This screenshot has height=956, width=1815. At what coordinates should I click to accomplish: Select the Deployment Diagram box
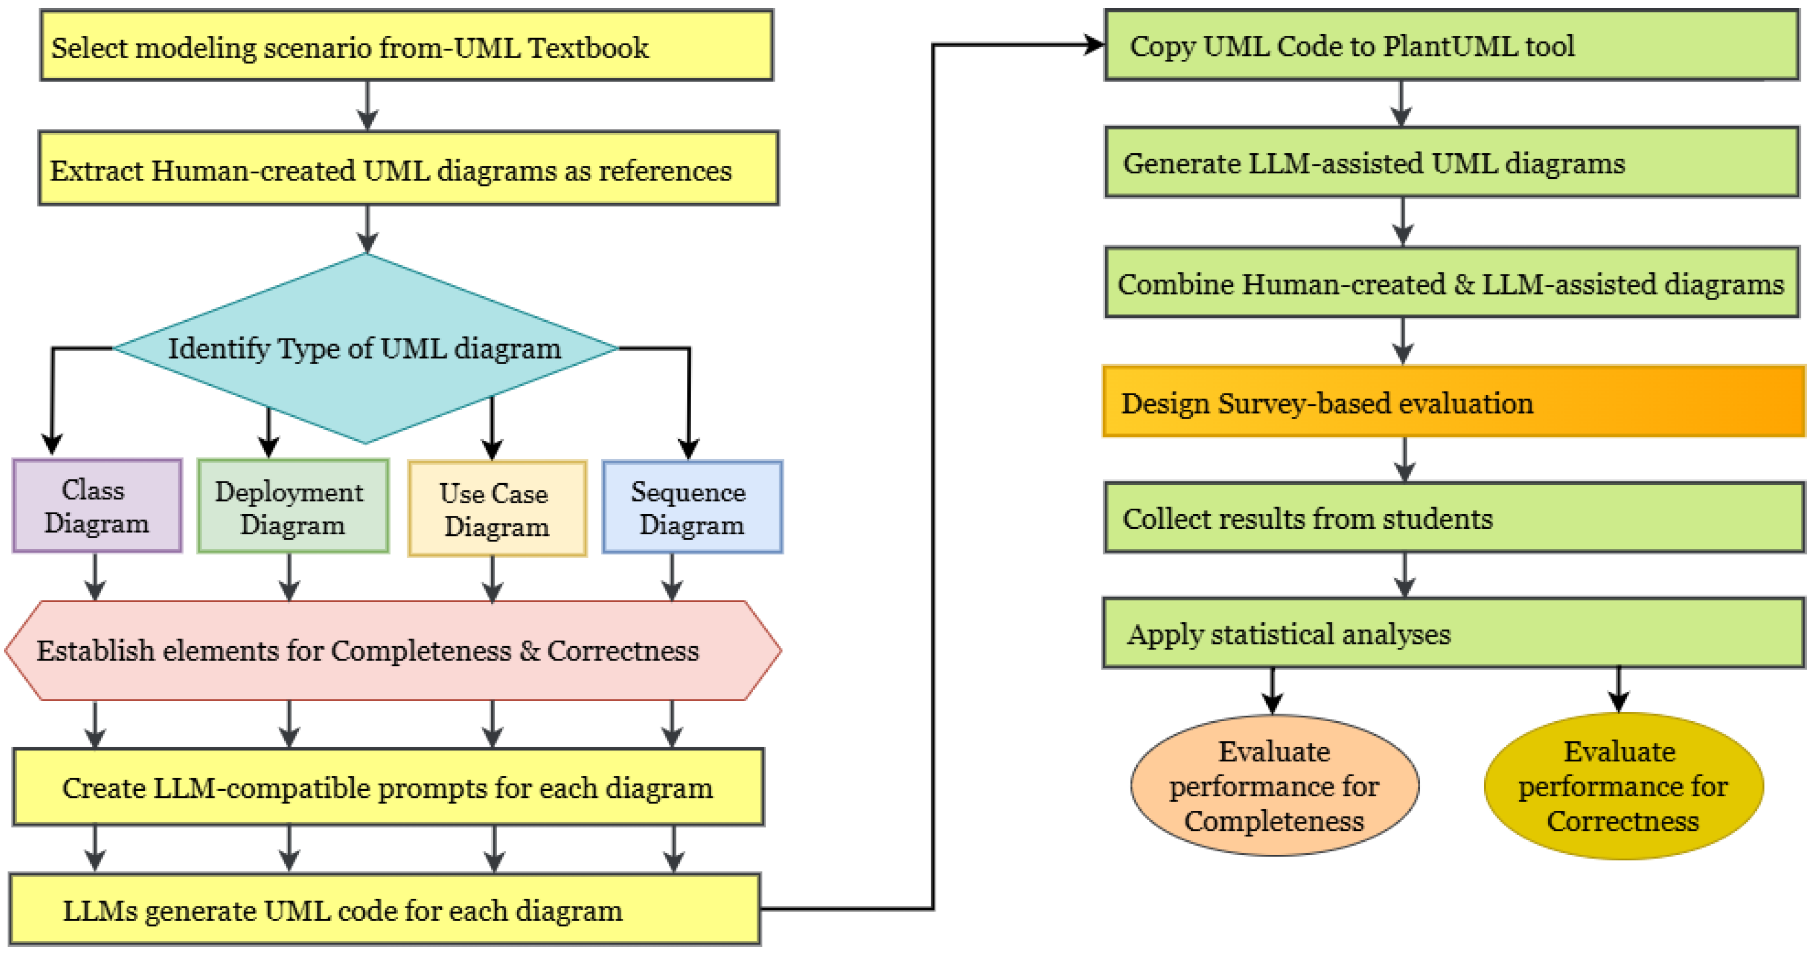click(x=292, y=507)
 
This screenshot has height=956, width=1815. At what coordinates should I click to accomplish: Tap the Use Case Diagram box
click(x=497, y=509)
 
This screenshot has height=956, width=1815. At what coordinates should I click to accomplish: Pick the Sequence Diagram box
click(x=692, y=507)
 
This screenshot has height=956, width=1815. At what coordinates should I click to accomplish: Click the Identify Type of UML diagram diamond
click(x=365, y=348)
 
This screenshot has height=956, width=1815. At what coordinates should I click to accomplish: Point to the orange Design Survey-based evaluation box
click(x=1453, y=402)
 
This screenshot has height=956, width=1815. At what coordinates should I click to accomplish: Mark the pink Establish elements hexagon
click(x=392, y=650)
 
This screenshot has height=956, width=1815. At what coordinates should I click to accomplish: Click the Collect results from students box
click(x=1453, y=518)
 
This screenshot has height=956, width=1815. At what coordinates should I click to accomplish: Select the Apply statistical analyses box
click(x=1453, y=633)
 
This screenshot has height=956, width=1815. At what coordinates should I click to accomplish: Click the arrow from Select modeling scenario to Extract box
click(x=367, y=105)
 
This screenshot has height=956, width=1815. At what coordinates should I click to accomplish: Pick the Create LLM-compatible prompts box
click(x=387, y=787)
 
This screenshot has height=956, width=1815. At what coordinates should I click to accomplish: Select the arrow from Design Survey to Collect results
click(x=1405, y=459)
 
